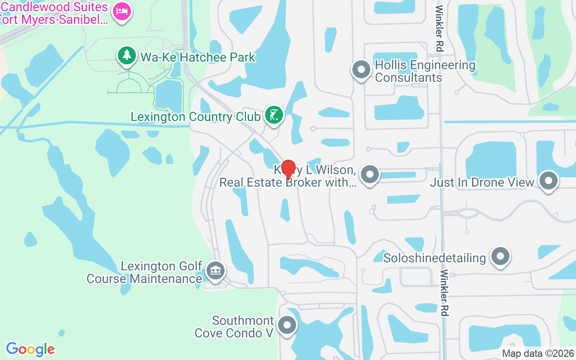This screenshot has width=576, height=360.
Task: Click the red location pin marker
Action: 288,169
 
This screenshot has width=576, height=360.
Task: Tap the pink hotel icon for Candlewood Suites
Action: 122,11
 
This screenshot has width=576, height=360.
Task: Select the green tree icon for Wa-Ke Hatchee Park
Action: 127,55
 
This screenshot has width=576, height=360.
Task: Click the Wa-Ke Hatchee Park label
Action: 198,58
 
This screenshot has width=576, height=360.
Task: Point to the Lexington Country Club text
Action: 195,117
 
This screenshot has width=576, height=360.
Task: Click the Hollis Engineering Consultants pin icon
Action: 360,70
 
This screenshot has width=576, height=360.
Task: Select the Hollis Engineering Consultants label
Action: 425,71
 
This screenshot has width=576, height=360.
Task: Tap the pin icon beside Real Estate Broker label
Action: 370,174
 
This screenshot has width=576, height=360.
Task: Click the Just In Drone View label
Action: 482,182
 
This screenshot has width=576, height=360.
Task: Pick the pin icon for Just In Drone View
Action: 549,181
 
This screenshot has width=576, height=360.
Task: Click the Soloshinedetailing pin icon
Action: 500,256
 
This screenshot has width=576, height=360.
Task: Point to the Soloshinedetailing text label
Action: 435,258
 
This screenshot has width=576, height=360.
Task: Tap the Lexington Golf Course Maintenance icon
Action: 216,271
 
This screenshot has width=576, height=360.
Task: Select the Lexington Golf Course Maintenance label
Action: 144,272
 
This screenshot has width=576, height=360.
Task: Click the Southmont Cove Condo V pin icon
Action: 287,325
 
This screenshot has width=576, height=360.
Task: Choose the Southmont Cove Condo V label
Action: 234,327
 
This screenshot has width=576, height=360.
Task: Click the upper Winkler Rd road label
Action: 439,28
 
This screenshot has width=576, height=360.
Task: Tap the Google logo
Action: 31,349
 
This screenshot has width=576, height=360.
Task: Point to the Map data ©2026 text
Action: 538,353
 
